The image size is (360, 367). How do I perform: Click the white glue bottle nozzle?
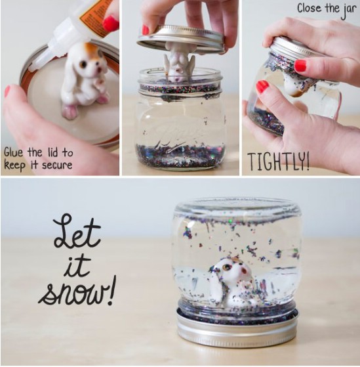click(47, 51)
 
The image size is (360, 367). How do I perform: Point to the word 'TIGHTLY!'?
click(279, 161)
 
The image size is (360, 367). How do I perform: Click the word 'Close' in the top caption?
click(310, 9)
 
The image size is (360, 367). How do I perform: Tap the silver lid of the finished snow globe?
click(237, 328)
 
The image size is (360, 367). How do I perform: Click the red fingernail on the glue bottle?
click(111, 24)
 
